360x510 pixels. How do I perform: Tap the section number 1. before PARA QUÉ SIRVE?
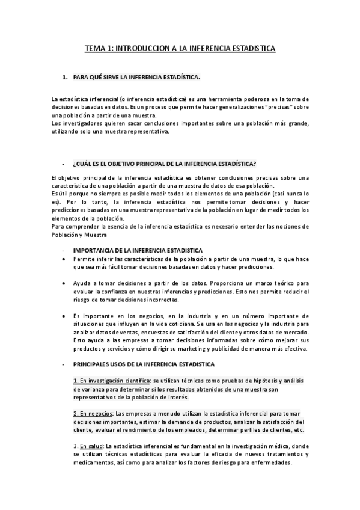click(66, 78)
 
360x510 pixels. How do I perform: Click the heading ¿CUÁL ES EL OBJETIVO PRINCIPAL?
click(163, 164)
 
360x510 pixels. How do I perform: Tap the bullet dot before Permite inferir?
click(65, 259)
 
